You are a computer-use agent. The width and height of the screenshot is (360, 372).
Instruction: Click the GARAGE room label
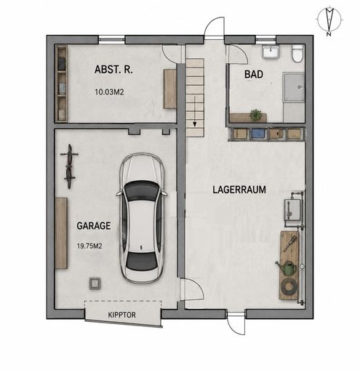tap(94, 226)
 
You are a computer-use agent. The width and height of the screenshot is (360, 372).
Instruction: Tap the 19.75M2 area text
tap(89, 246)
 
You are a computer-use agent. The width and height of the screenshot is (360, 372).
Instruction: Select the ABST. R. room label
tap(113, 70)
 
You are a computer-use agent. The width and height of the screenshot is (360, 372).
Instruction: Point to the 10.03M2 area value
tap(109, 92)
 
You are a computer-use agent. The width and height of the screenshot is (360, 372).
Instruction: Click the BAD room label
tap(254, 74)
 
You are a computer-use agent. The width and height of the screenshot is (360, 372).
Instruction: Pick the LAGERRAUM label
tap(239, 190)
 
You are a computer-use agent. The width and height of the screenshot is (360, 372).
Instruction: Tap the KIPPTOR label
tap(121, 315)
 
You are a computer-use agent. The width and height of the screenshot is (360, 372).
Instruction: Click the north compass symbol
tap(329, 21)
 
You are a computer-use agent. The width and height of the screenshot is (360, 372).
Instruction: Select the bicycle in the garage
tap(69, 166)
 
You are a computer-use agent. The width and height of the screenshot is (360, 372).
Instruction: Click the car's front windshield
tap(143, 191)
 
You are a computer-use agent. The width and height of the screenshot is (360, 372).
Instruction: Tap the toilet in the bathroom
tap(297, 53)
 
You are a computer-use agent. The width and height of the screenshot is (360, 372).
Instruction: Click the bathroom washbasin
tap(271, 52)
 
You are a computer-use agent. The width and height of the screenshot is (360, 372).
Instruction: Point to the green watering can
tap(287, 267)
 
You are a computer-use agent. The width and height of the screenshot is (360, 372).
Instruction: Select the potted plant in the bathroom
tap(256, 115)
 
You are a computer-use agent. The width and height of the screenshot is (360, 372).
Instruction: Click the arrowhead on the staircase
tap(195, 124)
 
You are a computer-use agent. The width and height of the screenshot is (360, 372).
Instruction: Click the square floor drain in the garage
tap(95, 283)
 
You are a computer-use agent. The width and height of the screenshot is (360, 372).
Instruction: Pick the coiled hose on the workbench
tap(289, 286)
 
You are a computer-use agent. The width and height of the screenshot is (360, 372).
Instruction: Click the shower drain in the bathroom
tap(300, 86)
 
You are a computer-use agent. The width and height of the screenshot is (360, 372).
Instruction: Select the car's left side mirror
tap(119, 193)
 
